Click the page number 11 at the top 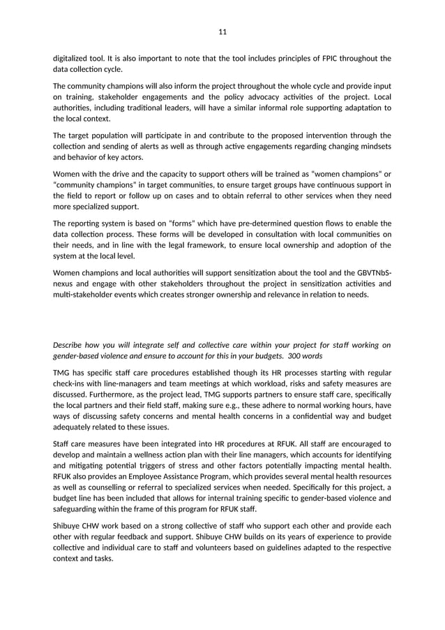222,32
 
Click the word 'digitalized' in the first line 72,58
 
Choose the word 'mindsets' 373,146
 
